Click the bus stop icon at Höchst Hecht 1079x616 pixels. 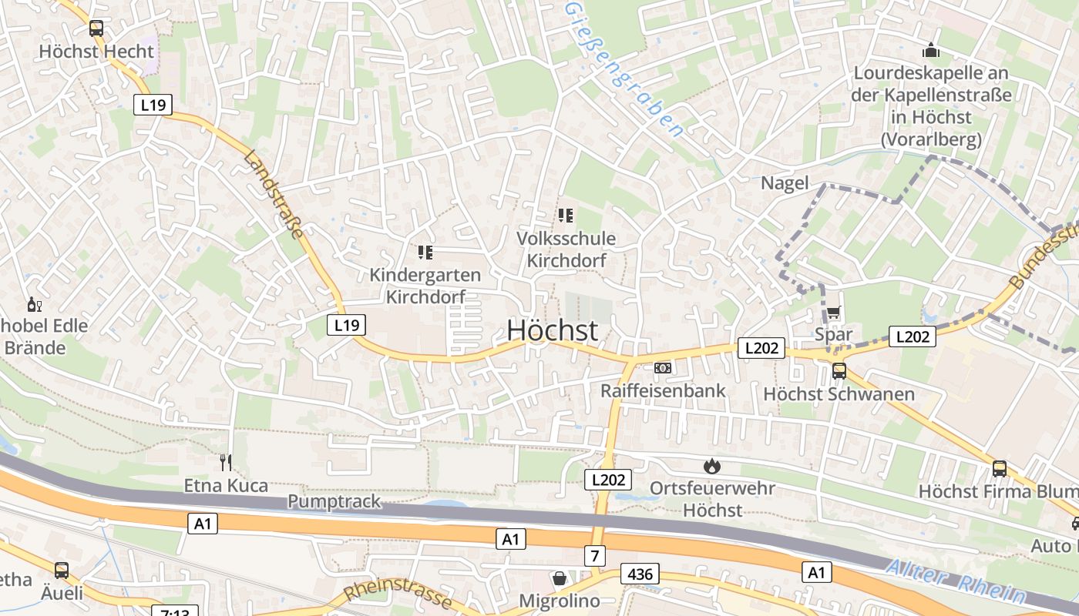[x=96, y=28]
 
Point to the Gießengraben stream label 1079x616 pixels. [x=624, y=69]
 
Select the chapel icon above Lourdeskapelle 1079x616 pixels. [x=931, y=51]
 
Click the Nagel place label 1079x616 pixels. [x=785, y=183]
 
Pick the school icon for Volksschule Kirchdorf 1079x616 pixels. [x=566, y=216]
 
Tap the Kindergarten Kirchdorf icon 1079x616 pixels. [x=425, y=252]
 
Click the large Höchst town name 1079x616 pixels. [x=552, y=330]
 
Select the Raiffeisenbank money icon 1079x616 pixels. [x=663, y=368]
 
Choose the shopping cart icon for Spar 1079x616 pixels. [x=834, y=313]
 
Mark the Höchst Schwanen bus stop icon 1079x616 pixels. [x=839, y=371]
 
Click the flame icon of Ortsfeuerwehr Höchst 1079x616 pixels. [x=711, y=465]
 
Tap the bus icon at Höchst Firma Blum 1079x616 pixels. [x=1000, y=468]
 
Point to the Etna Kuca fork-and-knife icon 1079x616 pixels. [x=226, y=462]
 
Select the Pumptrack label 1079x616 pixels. [x=334, y=501]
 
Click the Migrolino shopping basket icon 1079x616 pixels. [x=560, y=577]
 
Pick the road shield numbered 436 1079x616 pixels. [x=640, y=574]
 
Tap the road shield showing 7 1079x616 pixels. [x=595, y=554]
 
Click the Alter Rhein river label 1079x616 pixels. [x=956, y=582]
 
